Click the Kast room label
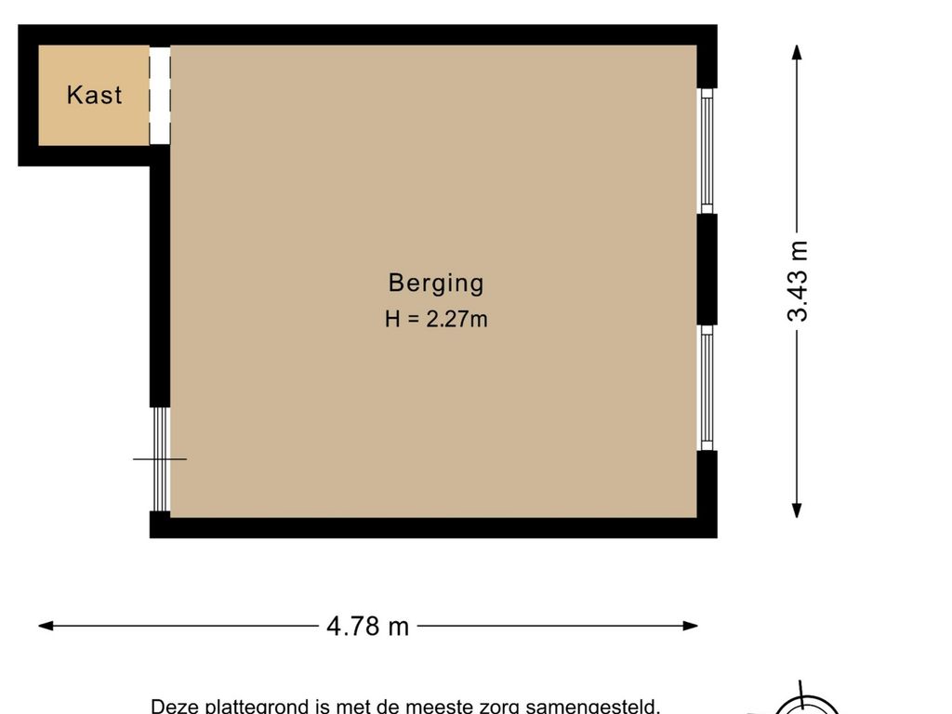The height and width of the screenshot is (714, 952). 94,96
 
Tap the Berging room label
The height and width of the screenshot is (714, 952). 436,284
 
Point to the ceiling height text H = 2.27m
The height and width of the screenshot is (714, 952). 436,319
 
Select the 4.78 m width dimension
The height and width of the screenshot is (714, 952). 368,626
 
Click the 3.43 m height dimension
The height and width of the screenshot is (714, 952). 797,281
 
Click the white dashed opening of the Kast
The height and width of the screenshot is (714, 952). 160,96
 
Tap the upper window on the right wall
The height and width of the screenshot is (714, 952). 707,151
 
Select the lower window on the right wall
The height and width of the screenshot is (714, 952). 707,388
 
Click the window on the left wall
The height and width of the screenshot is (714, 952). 160,459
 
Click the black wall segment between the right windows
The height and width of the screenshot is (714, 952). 707,269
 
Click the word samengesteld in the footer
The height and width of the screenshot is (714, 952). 592,707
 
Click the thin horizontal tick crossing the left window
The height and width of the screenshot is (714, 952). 160,459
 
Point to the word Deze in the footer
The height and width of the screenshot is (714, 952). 175,707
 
